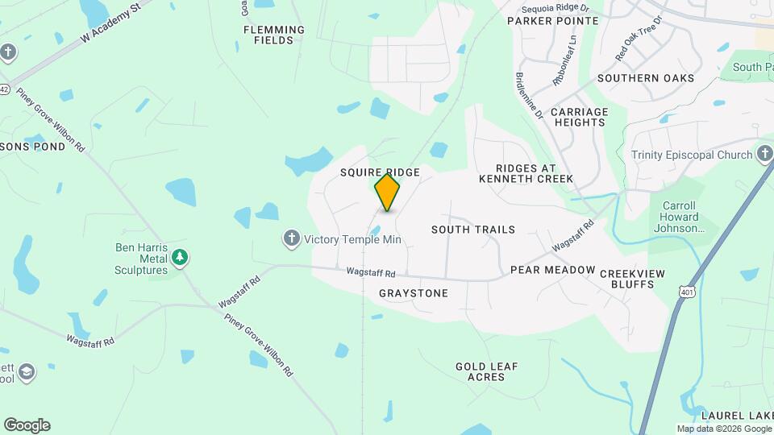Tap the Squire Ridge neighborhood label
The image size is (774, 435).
tap(379, 172)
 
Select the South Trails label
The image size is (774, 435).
tap(472, 230)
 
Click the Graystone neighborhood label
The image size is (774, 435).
tap(413, 293)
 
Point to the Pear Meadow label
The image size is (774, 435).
tap(552, 270)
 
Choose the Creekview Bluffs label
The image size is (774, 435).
tap(632, 279)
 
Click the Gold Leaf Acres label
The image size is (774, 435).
tap(486, 371)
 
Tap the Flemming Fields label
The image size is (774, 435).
tap(274, 35)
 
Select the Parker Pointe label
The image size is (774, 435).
tap(552, 21)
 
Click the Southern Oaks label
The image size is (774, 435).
tap(645, 78)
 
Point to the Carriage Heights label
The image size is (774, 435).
tap(579, 117)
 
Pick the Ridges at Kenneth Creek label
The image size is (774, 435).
tap(526, 173)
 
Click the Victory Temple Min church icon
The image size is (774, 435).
tap(292, 238)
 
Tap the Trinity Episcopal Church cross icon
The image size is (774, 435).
tap(765, 155)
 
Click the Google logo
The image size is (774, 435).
tap(27, 425)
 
